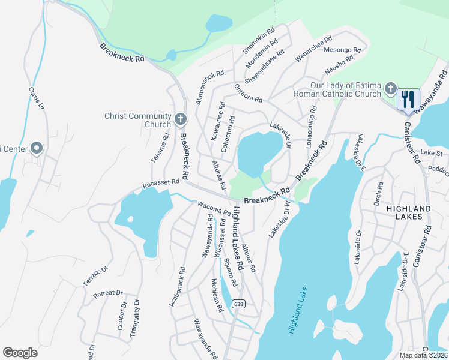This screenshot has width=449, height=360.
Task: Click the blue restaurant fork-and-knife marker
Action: tap(408, 99)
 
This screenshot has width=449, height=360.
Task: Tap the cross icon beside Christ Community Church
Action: tap(181, 117)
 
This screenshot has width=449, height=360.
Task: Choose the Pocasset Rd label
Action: tap(161, 183)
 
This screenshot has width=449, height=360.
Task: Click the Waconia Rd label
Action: tap(214, 208)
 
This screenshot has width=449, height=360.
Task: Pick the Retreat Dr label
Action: tap(108, 294)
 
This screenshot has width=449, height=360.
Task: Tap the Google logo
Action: tap(20, 353)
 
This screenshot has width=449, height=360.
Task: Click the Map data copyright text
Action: tap(422, 355)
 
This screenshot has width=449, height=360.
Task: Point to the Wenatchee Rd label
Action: tap(313, 47)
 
